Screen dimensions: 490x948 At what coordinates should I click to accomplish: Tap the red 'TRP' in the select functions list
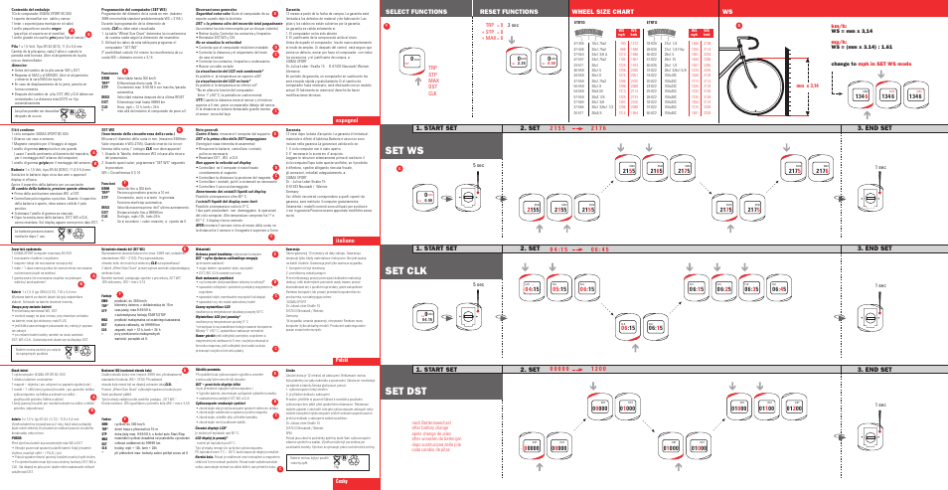pos(431,69)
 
